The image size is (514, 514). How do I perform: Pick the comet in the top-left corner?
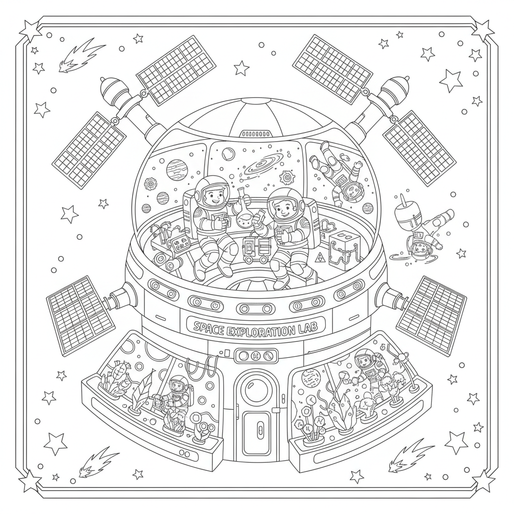coord(73,57)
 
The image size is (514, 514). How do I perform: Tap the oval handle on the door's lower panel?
coord(260,430)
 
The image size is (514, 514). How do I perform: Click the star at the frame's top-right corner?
coord(482,31)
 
